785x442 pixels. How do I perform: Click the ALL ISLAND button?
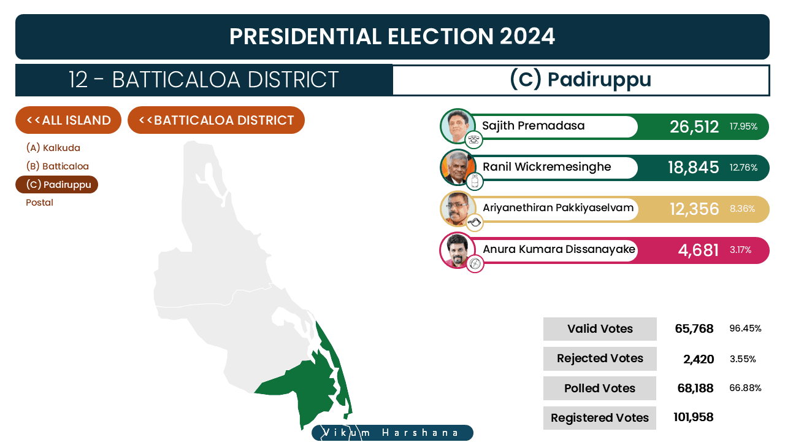[68, 120]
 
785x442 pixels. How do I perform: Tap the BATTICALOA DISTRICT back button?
[216, 120]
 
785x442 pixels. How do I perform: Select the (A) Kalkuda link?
[53, 148]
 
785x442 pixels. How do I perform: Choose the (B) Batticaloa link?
[57, 166]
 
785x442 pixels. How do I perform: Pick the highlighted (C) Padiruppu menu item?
[57, 185]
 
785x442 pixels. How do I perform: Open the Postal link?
[39, 203]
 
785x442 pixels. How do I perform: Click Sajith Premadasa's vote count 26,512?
[694, 126]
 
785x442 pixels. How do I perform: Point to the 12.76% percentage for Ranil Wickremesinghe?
[743, 168]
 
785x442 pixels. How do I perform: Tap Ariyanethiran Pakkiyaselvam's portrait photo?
[458, 209]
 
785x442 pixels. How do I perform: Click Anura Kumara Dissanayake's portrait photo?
[458, 250]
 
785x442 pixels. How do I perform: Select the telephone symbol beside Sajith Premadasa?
[474, 140]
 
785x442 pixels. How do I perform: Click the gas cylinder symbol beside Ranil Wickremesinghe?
[475, 182]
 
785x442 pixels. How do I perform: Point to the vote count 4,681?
[698, 250]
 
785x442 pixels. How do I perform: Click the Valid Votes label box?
[600, 329]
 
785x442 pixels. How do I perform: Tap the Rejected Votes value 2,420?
[699, 359]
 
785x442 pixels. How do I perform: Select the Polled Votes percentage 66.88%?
[745, 388]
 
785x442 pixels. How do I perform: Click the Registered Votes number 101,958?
[694, 417]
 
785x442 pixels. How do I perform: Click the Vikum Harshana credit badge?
[392, 433]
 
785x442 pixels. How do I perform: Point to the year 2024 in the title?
[527, 36]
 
